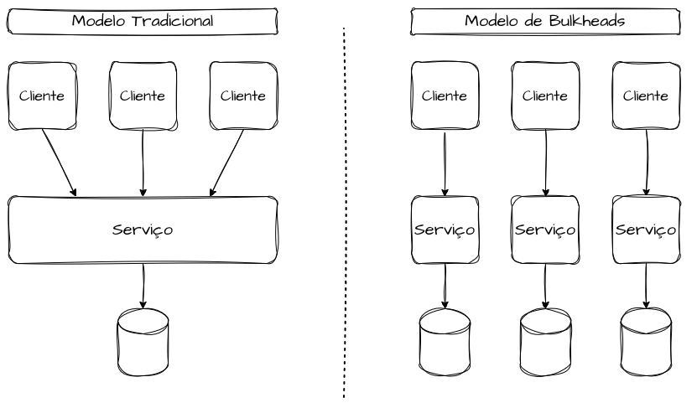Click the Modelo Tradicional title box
click(143, 22)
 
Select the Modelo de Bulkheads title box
click(545, 22)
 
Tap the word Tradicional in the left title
click(173, 21)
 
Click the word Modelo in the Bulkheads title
click(491, 21)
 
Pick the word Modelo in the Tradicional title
click(99, 21)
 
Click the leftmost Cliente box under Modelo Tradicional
click(42, 96)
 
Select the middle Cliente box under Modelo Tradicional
click(143, 96)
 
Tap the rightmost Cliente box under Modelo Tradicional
click(243, 96)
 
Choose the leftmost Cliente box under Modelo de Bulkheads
click(445, 96)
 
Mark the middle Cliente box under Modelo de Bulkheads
click(545, 96)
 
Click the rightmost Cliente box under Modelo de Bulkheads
click(646, 96)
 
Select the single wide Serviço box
click(143, 230)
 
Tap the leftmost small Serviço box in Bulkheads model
click(445, 230)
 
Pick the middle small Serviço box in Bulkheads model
click(545, 230)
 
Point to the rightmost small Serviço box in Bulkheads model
click(646, 230)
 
